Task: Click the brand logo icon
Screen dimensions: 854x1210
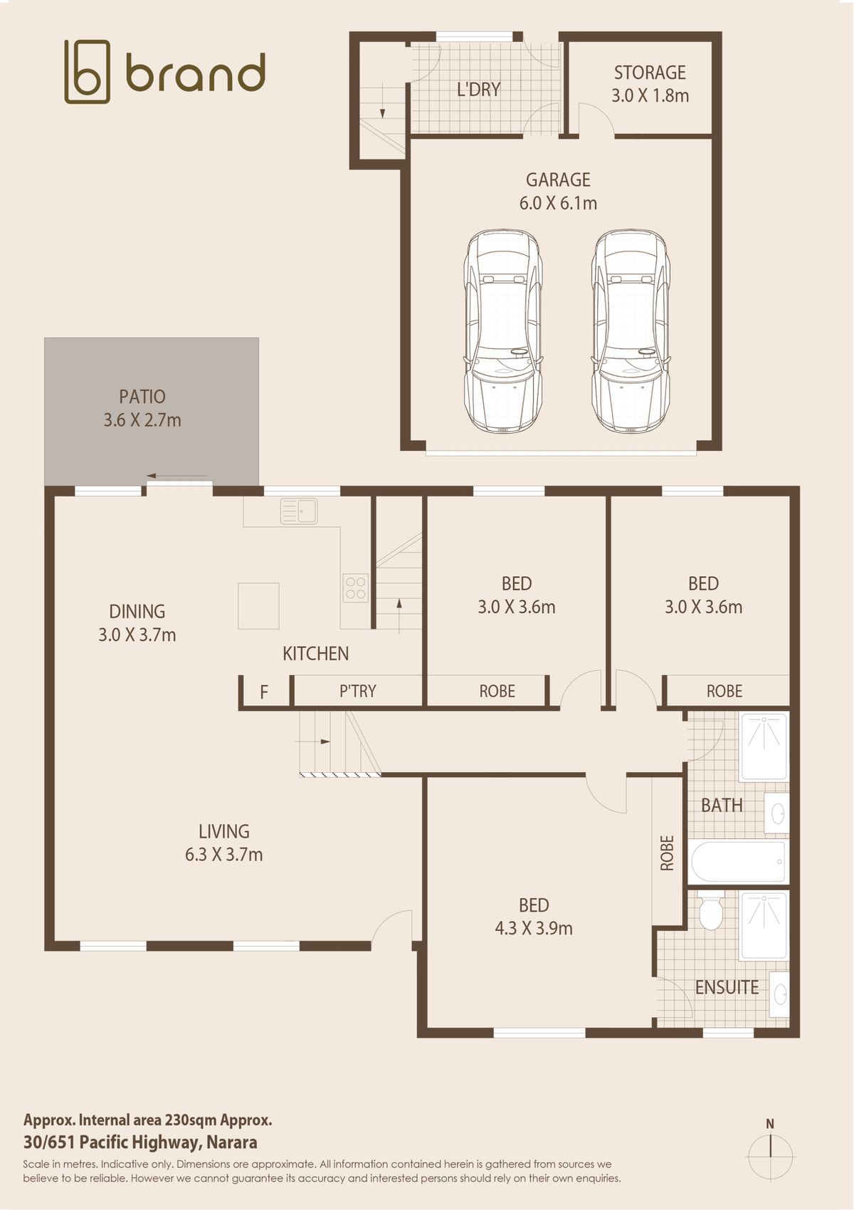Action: click(87, 71)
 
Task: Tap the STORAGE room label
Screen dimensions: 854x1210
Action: click(650, 73)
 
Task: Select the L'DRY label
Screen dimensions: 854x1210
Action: click(478, 89)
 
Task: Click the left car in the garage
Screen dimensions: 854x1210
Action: click(502, 330)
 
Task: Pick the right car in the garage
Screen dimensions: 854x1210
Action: click(631, 330)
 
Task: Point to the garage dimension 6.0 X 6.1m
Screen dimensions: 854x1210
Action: click(558, 203)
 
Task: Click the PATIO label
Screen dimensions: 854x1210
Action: click(142, 397)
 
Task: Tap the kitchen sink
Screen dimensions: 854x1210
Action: click(298, 511)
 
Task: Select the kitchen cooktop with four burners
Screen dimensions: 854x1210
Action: click(356, 588)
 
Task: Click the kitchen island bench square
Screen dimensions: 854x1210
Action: click(258, 605)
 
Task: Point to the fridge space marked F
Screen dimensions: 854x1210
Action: click(264, 692)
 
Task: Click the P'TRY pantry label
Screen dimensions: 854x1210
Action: click(357, 691)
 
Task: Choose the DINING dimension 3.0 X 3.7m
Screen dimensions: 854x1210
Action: click(137, 635)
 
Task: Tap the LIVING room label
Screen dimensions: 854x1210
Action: click(224, 831)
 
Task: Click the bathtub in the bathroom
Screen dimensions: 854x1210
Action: click(738, 861)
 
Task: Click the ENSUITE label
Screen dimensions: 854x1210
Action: click(727, 988)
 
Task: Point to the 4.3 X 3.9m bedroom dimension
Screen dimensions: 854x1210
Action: click(534, 928)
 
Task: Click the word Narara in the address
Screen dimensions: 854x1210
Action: click(231, 1142)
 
